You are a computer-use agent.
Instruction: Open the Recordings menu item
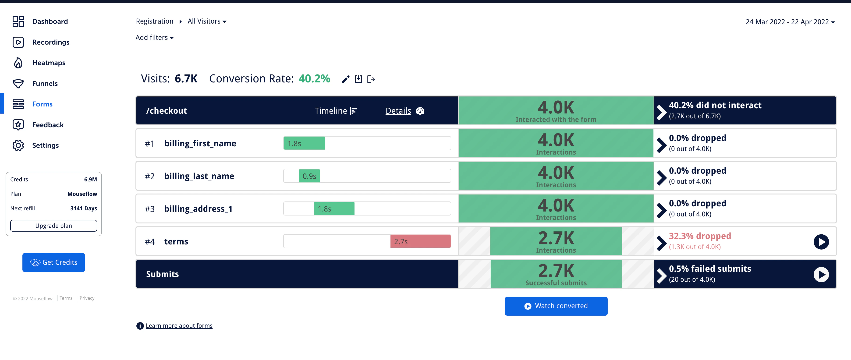(x=50, y=42)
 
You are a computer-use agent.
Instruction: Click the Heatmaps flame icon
(x=18, y=63)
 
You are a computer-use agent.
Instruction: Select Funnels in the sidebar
(x=45, y=84)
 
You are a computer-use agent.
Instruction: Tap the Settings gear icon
(x=18, y=145)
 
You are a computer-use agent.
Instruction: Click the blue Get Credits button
(x=53, y=263)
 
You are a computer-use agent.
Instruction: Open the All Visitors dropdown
(x=207, y=21)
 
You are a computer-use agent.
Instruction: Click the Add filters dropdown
(x=154, y=38)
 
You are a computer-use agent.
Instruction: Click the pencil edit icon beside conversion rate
(x=346, y=79)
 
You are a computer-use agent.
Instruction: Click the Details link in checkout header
(x=398, y=111)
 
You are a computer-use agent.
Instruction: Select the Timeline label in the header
(x=331, y=111)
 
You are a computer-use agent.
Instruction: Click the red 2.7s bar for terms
(x=420, y=241)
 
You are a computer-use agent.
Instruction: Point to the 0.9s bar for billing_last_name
(x=309, y=176)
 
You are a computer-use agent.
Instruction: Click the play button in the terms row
(x=821, y=242)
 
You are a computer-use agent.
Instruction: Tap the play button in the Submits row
(x=821, y=275)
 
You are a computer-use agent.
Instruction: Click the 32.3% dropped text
(x=700, y=236)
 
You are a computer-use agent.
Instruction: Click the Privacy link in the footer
(x=87, y=298)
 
